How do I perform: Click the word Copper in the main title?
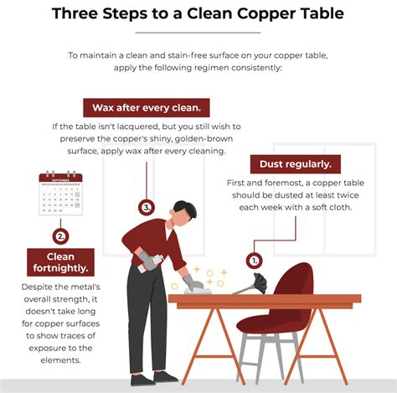(x=258, y=14)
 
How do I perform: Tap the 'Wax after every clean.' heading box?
(x=147, y=107)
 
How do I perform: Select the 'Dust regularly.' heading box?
(x=296, y=164)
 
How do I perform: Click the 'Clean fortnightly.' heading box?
(x=60, y=262)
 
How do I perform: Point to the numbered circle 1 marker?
(x=254, y=261)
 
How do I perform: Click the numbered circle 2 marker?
(x=60, y=236)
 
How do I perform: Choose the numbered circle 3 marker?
(x=147, y=208)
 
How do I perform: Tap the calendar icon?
(x=60, y=193)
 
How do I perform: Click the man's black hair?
(x=185, y=209)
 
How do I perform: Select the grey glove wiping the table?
(x=193, y=282)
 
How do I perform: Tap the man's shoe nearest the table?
(x=165, y=377)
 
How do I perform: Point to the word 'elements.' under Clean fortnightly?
(x=60, y=360)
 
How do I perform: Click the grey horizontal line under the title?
(x=198, y=33)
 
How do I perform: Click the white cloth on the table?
(x=198, y=291)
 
